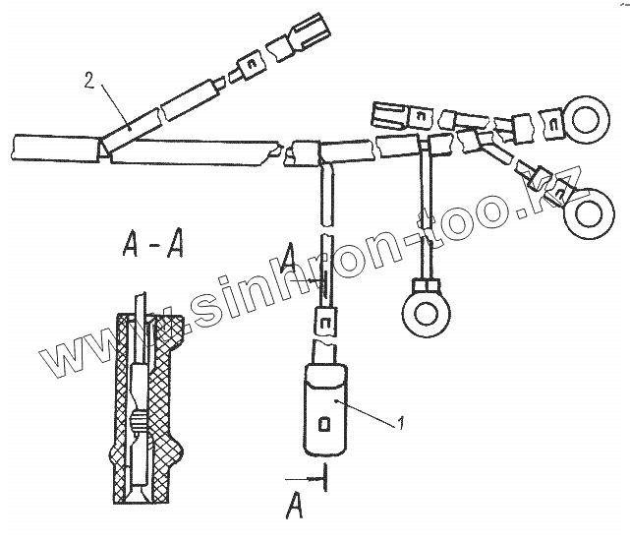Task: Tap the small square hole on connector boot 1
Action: pos(325,424)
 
